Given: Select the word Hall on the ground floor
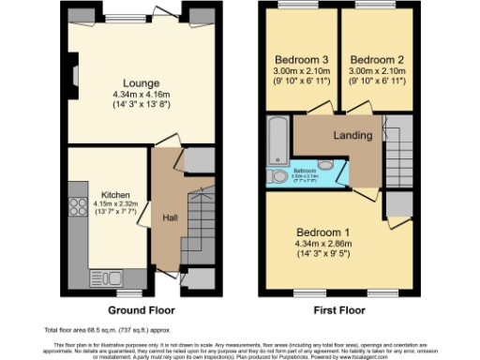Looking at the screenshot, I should coord(171,218).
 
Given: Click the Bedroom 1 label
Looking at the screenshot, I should coord(325,232).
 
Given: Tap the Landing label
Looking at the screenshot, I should coord(352,135).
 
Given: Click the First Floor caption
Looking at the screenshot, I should coord(334,309).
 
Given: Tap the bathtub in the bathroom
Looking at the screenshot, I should coord(278,141).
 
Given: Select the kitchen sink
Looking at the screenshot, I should coord(100,278).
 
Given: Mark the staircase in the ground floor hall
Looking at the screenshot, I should coord(200,225).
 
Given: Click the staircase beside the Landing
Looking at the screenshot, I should coord(396,150).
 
